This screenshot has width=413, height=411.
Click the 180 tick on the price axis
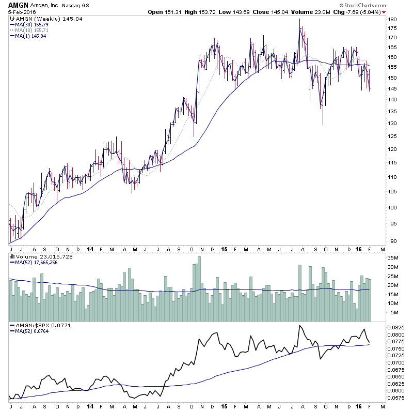392,19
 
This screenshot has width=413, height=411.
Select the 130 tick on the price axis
392,123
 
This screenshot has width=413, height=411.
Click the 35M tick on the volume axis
394,257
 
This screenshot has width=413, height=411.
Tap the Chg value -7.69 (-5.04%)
359,11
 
